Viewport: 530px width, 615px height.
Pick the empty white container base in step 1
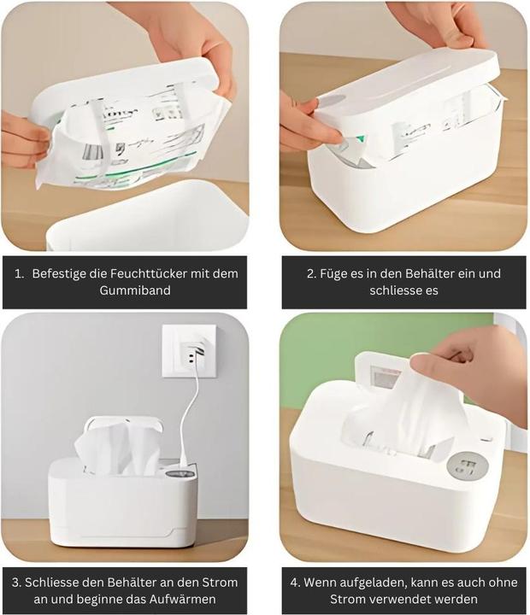click(154, 218)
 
